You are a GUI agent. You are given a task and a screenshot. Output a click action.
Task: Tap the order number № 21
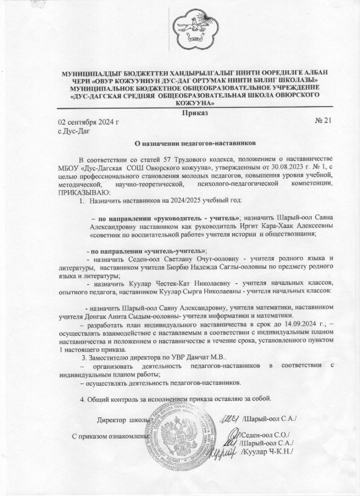(323, 122)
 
